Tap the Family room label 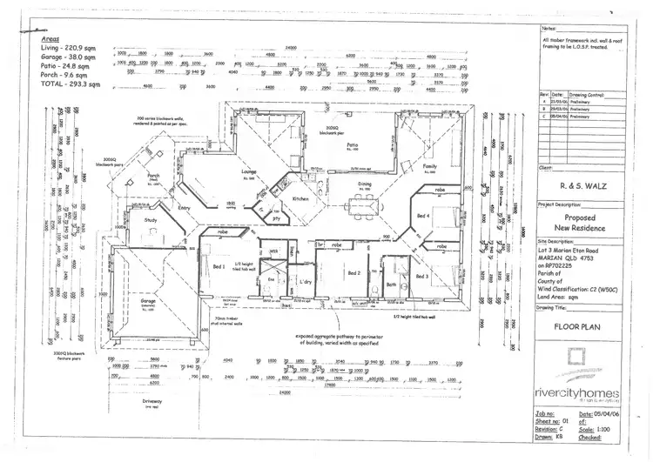pos(428,165)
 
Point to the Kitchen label pos(300,199)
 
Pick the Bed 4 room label pos(423,215)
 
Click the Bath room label pos(391,284)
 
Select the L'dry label pos(306,284)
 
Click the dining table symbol pos(359,205)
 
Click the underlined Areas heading pos(49,39)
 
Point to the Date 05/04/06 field pos(609,415)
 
